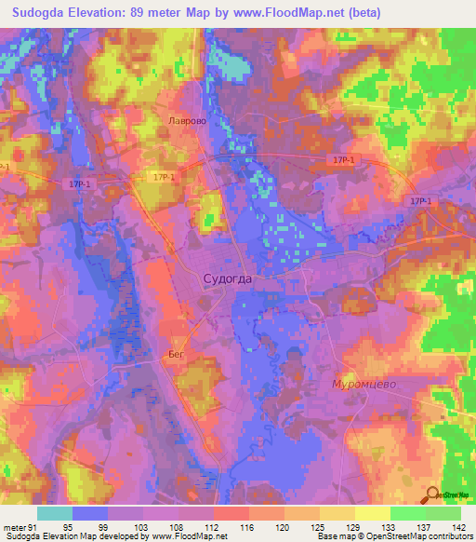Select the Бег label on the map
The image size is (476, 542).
(x=178, y=354)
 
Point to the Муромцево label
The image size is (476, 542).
(x=365, y=383)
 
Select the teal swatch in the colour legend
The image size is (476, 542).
(x=55, y=514)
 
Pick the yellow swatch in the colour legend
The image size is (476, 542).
(x=373, y=514)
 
